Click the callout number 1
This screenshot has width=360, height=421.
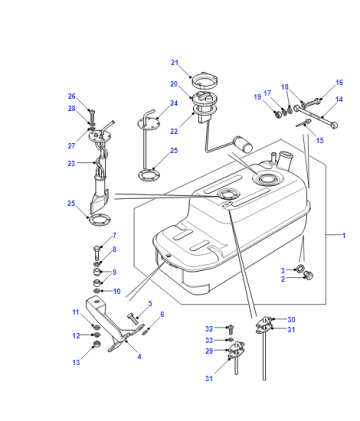pyautogui.click(x=344, y=236)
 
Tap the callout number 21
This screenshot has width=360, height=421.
pyautogui.click(x=175, y=63)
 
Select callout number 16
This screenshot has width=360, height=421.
pyautogui.click(x=339, y=82)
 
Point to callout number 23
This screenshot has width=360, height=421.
pyautogui.click(x=71, y=163)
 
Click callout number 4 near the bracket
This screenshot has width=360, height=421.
pyautogui.click(x=139, y=356)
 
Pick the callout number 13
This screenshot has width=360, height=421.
pyautogui.click(x=76, y=362)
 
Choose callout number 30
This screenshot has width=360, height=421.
pyautogui.click(x=291, y=320)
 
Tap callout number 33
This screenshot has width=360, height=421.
pyautogui.click(x=209, y=340)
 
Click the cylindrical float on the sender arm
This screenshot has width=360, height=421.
pyautogui.click(x=243, y=143)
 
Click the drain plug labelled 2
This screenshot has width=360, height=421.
pyautogui.click(x=309, y=275)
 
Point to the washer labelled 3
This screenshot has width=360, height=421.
pyautogui.click(x=300, y=268)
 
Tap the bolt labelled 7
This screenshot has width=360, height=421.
pyautogui.click(x=96, y=254)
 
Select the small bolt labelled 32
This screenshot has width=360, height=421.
pyautogui.click(x=230, y=329)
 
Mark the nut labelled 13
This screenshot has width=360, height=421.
pyautogui.click(x=96, y=344)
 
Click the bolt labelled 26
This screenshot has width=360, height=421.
pyautogui.click(x=92, y=115)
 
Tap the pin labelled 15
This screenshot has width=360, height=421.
pyautogui.click(x=303, y=124)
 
